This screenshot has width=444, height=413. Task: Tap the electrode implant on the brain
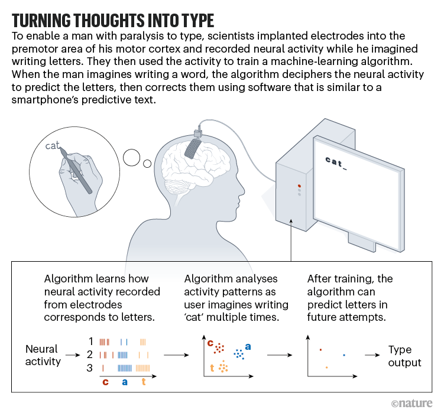(x=192, y=141)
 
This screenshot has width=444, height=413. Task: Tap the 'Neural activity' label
(x=43, y=355)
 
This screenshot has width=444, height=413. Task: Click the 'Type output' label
(x=405, y=356)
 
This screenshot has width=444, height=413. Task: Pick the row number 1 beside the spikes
(x=91, y=341)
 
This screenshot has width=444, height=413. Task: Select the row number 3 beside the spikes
(x=91, y=368)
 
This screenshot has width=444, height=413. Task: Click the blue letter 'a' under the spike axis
(x=124, y=382)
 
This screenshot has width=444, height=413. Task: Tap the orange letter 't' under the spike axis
(x=143, y=382)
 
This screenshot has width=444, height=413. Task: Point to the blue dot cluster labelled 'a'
(x=239, y=354)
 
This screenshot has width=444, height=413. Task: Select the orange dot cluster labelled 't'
(x=222, y=368)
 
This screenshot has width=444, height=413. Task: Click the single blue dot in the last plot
(x=344, y=355)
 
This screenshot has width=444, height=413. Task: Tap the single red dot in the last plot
(x=320, y=349)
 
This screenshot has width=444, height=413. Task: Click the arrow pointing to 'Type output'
(x=372, y=356)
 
